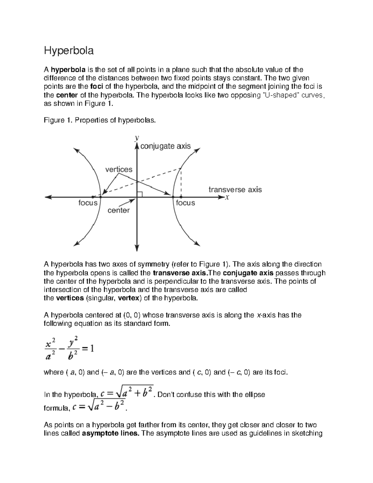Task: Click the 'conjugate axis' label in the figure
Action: click(x=165, y=146)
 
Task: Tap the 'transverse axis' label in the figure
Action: click(x=235, y=189)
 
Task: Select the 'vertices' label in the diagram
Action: click(x=119, y=170)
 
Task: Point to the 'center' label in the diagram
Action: click(x=118, y=211)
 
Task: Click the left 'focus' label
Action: click(x=88, y=203)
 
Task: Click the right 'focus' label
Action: click(x=185, y=203)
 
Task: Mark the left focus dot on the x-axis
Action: click(x=93, y=197)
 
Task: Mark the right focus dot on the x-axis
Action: click(x=181, y=197)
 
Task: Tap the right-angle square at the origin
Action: click(x=140, y=194)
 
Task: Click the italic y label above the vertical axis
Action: click(x=136, y=137)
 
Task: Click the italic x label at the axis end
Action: click(x=227, y=197)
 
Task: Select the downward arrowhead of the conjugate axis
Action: click(x=137, y=248)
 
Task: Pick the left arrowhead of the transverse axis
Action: click(x=48, y=197)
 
